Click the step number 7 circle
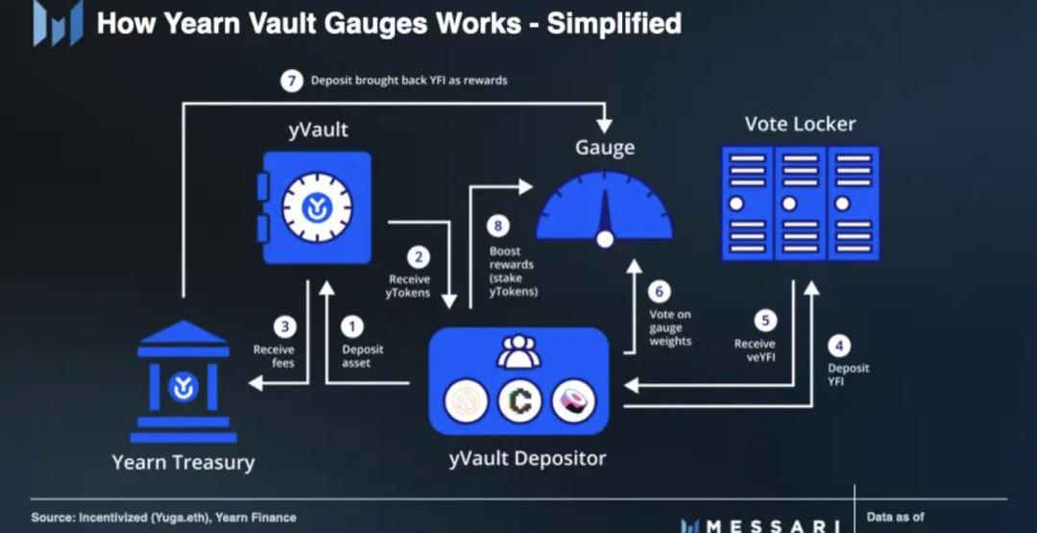coord(290,81)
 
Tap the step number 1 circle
coord(352,326)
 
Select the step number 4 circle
coord(839,345)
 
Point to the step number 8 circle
coord(498,227)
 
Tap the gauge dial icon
coord(604,209)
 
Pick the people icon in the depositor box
coord(519,351)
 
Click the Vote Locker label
coord(800,124)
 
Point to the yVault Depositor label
coord(527,458)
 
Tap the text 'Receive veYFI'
coord(755,351)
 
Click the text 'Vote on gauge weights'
coord(670,327)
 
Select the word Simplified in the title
coord(615,24)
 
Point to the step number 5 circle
coord(765,321)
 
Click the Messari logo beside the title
coord(59,22)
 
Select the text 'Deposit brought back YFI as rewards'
coord(409,81)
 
